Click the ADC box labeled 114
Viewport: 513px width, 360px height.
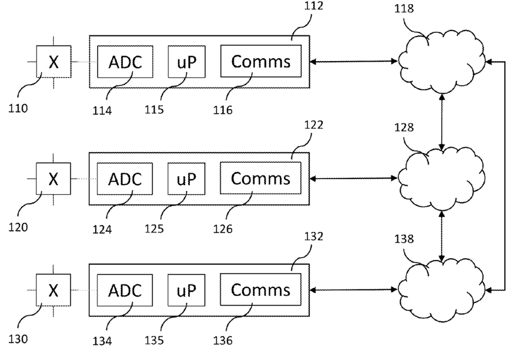(x=125, y=62)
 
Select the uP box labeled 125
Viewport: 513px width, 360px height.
(x=186, y=179)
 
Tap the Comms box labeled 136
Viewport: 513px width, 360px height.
(x=261, y=290)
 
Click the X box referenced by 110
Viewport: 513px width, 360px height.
(x=54, y=62)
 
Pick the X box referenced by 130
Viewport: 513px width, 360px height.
(x=53, y=290)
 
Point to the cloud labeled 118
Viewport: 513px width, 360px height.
(x=442, y=62)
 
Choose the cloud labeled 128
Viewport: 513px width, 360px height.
(x=442, y=179)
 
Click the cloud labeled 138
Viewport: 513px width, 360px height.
(x=442, y=290)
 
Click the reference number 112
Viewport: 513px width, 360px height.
(x=314, y=5)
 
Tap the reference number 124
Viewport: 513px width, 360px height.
(x=102, y=229)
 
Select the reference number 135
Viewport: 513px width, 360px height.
(x=154, y=340)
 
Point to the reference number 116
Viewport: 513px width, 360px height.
(x=223, y=110)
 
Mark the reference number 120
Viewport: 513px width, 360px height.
(x=18, y=227)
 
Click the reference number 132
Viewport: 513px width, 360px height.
(x=314, y=237)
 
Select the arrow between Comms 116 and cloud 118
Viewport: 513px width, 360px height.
(x=354, y=61)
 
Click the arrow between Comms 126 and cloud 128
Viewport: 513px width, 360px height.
(x=354, y=179)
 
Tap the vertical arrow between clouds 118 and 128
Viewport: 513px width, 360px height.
(x=442, y=122)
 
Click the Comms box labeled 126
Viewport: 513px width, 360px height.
(x=261, y=178)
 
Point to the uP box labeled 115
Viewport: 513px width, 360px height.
(x=187, y=62)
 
